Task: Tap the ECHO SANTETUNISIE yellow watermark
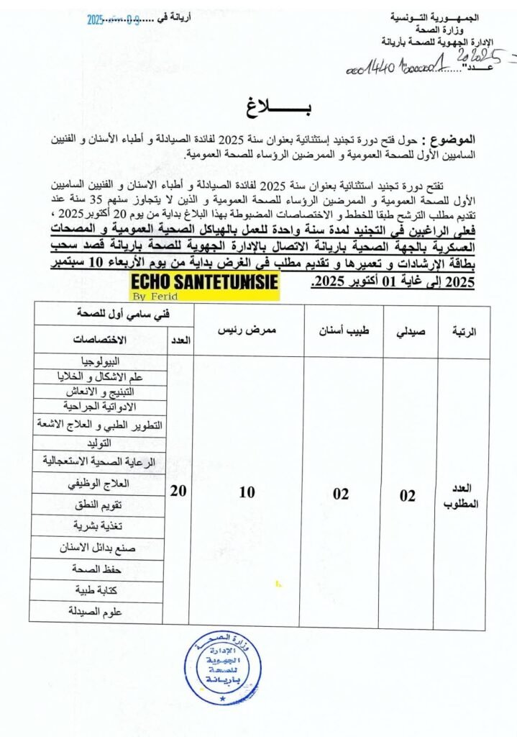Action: [205, 282]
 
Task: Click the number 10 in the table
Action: [247, 493]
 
